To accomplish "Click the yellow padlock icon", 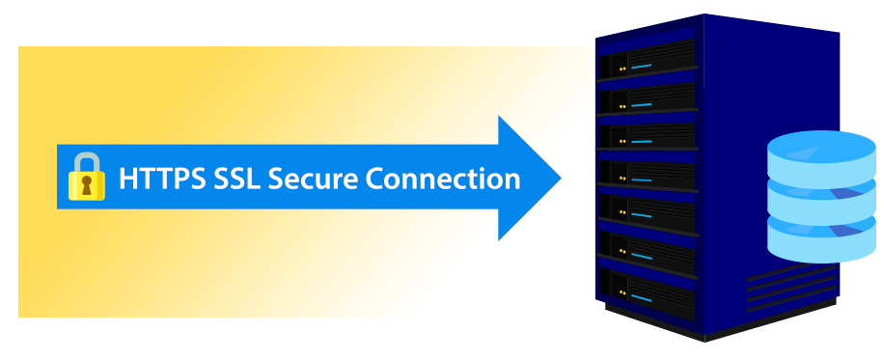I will tap(87, 179).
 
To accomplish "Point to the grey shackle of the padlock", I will tap(87, 160).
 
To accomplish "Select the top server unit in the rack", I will tap(648, 64).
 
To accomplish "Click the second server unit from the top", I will tap(648, 100).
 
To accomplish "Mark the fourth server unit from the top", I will tap(648, 174).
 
